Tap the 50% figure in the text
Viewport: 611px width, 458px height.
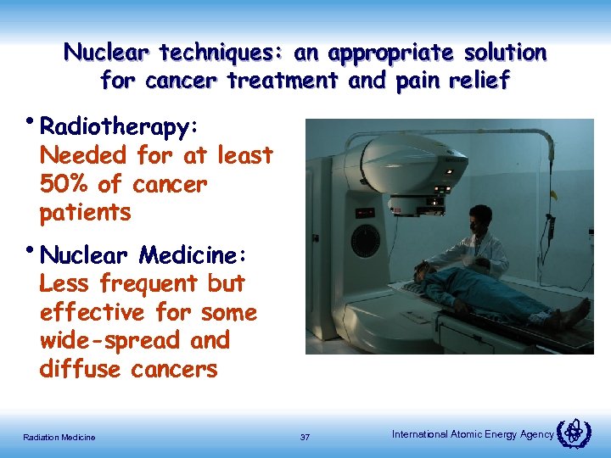point(64,184)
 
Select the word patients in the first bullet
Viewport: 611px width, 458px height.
point(86,212)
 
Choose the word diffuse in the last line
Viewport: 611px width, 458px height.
point(81,370)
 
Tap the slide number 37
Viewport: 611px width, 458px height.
point(305,437)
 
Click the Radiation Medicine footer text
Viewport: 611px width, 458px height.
point(59,437)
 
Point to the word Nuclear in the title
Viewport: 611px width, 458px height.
point(109,53)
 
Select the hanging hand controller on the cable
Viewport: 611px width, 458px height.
point(550,224)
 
